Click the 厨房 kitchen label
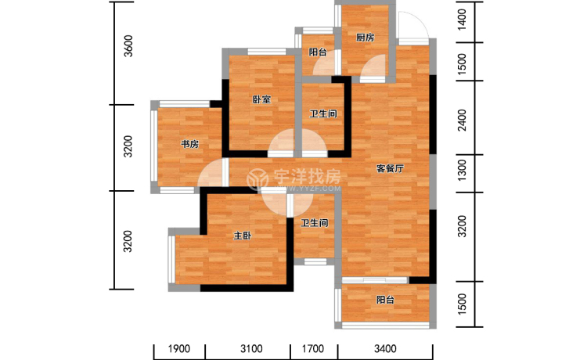(365, 38)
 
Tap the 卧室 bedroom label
(261, 99)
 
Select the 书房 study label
(190, 144)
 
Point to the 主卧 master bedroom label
(243, 236)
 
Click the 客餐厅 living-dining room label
(390, 169)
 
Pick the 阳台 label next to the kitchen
(318, 52)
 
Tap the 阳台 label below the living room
(385, 300)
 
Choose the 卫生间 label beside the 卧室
(323, 113)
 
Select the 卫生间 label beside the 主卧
(315, 223)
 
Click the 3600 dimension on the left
(128, 46)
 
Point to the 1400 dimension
(463, 20)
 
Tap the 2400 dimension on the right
(463, 120)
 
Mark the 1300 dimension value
(463, 170)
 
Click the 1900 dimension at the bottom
(179, 349)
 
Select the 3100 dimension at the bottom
(251, 349)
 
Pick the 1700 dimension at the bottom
(313, 349)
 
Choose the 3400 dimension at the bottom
(385, 349)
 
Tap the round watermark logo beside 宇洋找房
(257, 178)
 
